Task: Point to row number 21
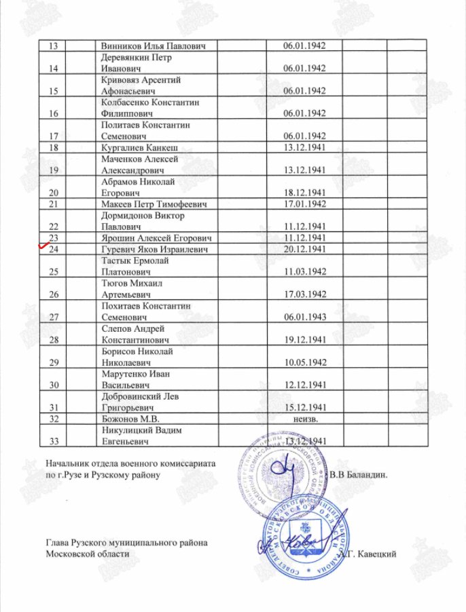pos(54,204)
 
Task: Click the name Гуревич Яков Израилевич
pos(154,250)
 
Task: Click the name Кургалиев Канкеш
pos(141,147)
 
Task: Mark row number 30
pos(54,385)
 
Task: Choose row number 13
pos(54,45)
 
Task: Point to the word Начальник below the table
pos(68,463)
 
